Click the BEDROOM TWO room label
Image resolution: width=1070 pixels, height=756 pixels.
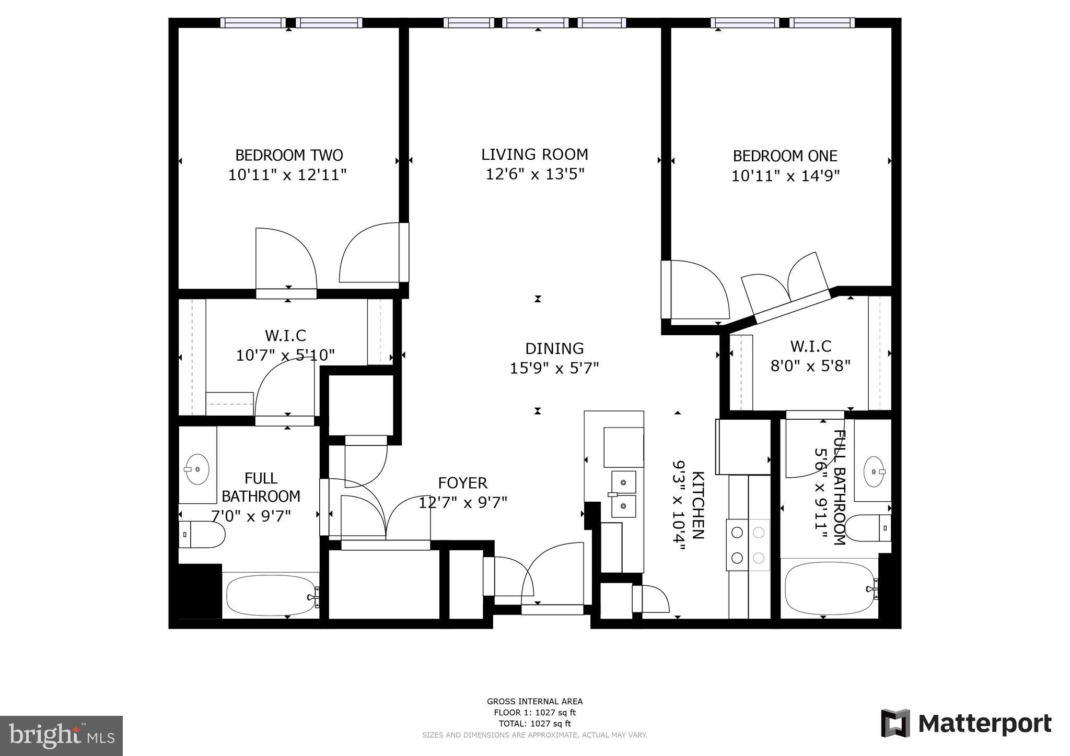pos(288,156)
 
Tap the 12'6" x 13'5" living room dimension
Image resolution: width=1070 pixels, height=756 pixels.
pos(534,174)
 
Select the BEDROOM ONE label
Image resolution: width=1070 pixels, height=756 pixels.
pos(785,156)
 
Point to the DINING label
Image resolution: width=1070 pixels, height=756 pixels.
pos(554,348)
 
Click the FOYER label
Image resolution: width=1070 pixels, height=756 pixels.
pos(462,483)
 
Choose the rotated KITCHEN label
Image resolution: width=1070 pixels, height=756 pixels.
pos(697,505)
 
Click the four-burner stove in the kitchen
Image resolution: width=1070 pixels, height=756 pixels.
pos(748,545)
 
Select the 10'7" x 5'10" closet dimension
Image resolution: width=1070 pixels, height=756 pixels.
pos(285,356)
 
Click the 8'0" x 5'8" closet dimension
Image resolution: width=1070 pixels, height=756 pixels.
pos(810,365)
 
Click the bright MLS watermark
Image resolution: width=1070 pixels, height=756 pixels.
pos(61,736)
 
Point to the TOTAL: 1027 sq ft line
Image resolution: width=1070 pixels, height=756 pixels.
pos(534,724)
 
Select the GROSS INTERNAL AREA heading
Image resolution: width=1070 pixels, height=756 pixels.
pos(534,701)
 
